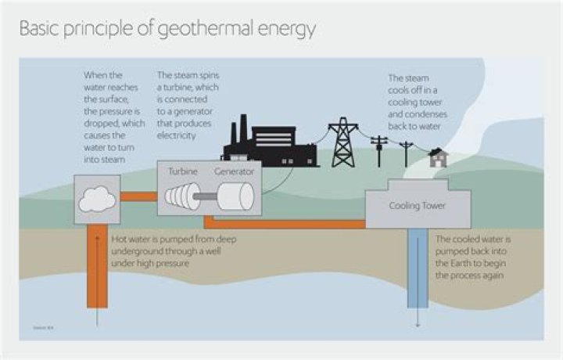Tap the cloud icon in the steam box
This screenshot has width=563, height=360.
pos(98,200)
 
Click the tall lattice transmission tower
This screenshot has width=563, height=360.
pos(342,142)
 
